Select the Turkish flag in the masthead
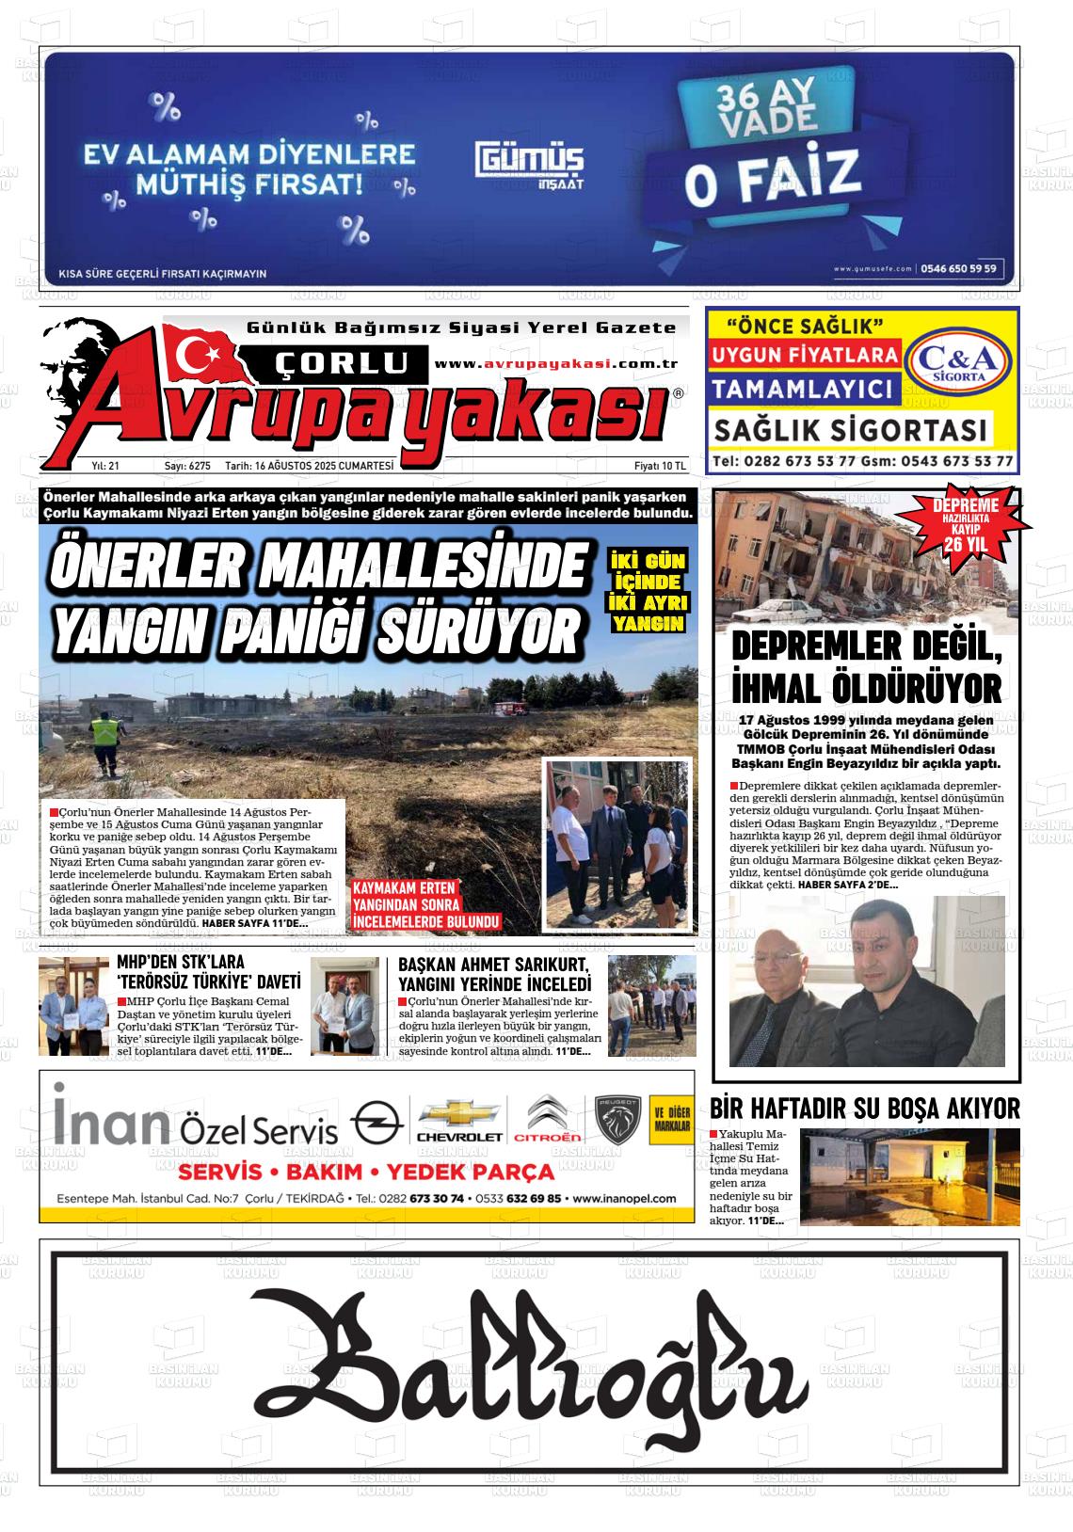point(201,354)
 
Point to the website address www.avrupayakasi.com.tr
point(557,364)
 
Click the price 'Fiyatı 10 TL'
point(660,466)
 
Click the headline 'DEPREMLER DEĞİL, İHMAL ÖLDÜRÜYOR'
point(866,669)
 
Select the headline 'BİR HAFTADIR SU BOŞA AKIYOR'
point(865,1109)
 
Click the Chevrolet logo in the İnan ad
point(458,1120)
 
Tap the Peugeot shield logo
point(617,1120)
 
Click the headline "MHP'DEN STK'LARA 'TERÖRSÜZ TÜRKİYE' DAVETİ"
point(208,971)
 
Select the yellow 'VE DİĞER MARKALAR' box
point(671,1119)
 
